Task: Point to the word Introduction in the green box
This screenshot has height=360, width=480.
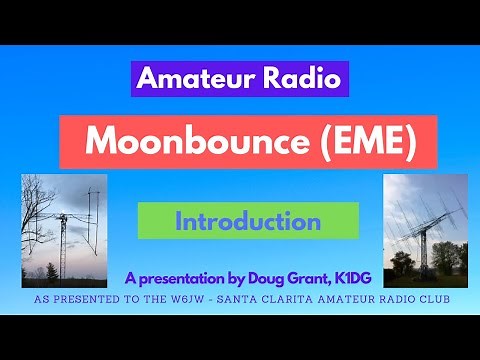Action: tap(247, 221)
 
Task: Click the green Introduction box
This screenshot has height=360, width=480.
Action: tap(247, 221)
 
